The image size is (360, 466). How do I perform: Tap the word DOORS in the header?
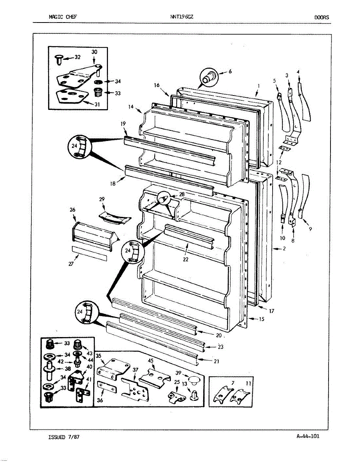322,17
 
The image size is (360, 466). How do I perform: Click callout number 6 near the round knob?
230,71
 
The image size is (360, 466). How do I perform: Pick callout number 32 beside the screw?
77,57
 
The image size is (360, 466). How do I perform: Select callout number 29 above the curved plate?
102,199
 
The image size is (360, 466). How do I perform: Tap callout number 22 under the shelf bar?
186,259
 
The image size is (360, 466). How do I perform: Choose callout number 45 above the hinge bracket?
151,360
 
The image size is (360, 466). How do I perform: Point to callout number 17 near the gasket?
271,311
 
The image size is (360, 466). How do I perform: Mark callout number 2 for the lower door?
284,249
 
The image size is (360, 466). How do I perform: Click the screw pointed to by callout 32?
59,59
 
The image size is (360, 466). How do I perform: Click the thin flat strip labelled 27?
90,253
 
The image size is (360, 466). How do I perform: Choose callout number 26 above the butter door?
72,210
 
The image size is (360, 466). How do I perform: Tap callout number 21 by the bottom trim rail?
216,361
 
